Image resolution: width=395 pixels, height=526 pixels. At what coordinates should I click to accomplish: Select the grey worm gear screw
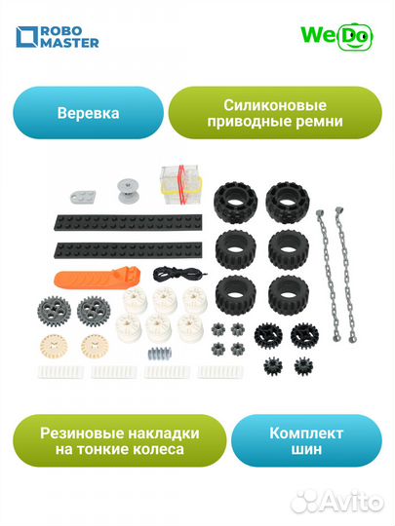point(158,350)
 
